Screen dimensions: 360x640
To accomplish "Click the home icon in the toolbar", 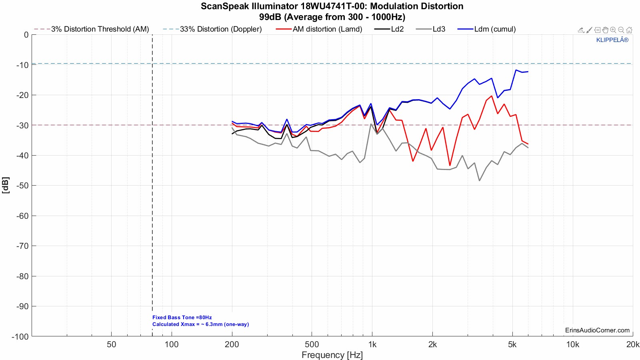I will pos(629,30).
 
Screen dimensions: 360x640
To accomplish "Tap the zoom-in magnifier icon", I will pos(613,30).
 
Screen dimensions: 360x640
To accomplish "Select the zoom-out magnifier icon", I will pos(621,30).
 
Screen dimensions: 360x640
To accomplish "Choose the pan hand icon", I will pos(605,30).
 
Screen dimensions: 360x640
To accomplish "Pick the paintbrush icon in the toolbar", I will pos(589,30).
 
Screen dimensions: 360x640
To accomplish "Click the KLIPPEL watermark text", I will pos(612,40).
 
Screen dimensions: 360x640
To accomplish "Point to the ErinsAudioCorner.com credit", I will pos(597,330).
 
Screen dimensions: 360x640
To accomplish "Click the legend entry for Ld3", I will pos(438,29).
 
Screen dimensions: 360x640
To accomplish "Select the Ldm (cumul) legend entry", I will pos(495,29).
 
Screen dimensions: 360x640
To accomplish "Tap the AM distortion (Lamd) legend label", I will pos(327,29).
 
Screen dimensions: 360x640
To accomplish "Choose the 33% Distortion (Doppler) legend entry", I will pos(220,29).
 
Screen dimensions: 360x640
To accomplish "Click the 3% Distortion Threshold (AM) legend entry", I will pos(100,29).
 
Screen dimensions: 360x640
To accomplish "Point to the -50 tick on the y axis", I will pos(22,186).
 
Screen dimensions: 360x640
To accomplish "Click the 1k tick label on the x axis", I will pos(372,344).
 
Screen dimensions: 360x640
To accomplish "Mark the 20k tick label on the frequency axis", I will pos(632,344).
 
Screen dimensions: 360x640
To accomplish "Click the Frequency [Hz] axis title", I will pos(332,355).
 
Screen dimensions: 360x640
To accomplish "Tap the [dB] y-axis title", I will pos(6,185).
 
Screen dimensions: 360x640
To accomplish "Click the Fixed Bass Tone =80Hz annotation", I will pos(182,318).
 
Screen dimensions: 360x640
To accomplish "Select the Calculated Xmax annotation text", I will pos(200,324).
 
